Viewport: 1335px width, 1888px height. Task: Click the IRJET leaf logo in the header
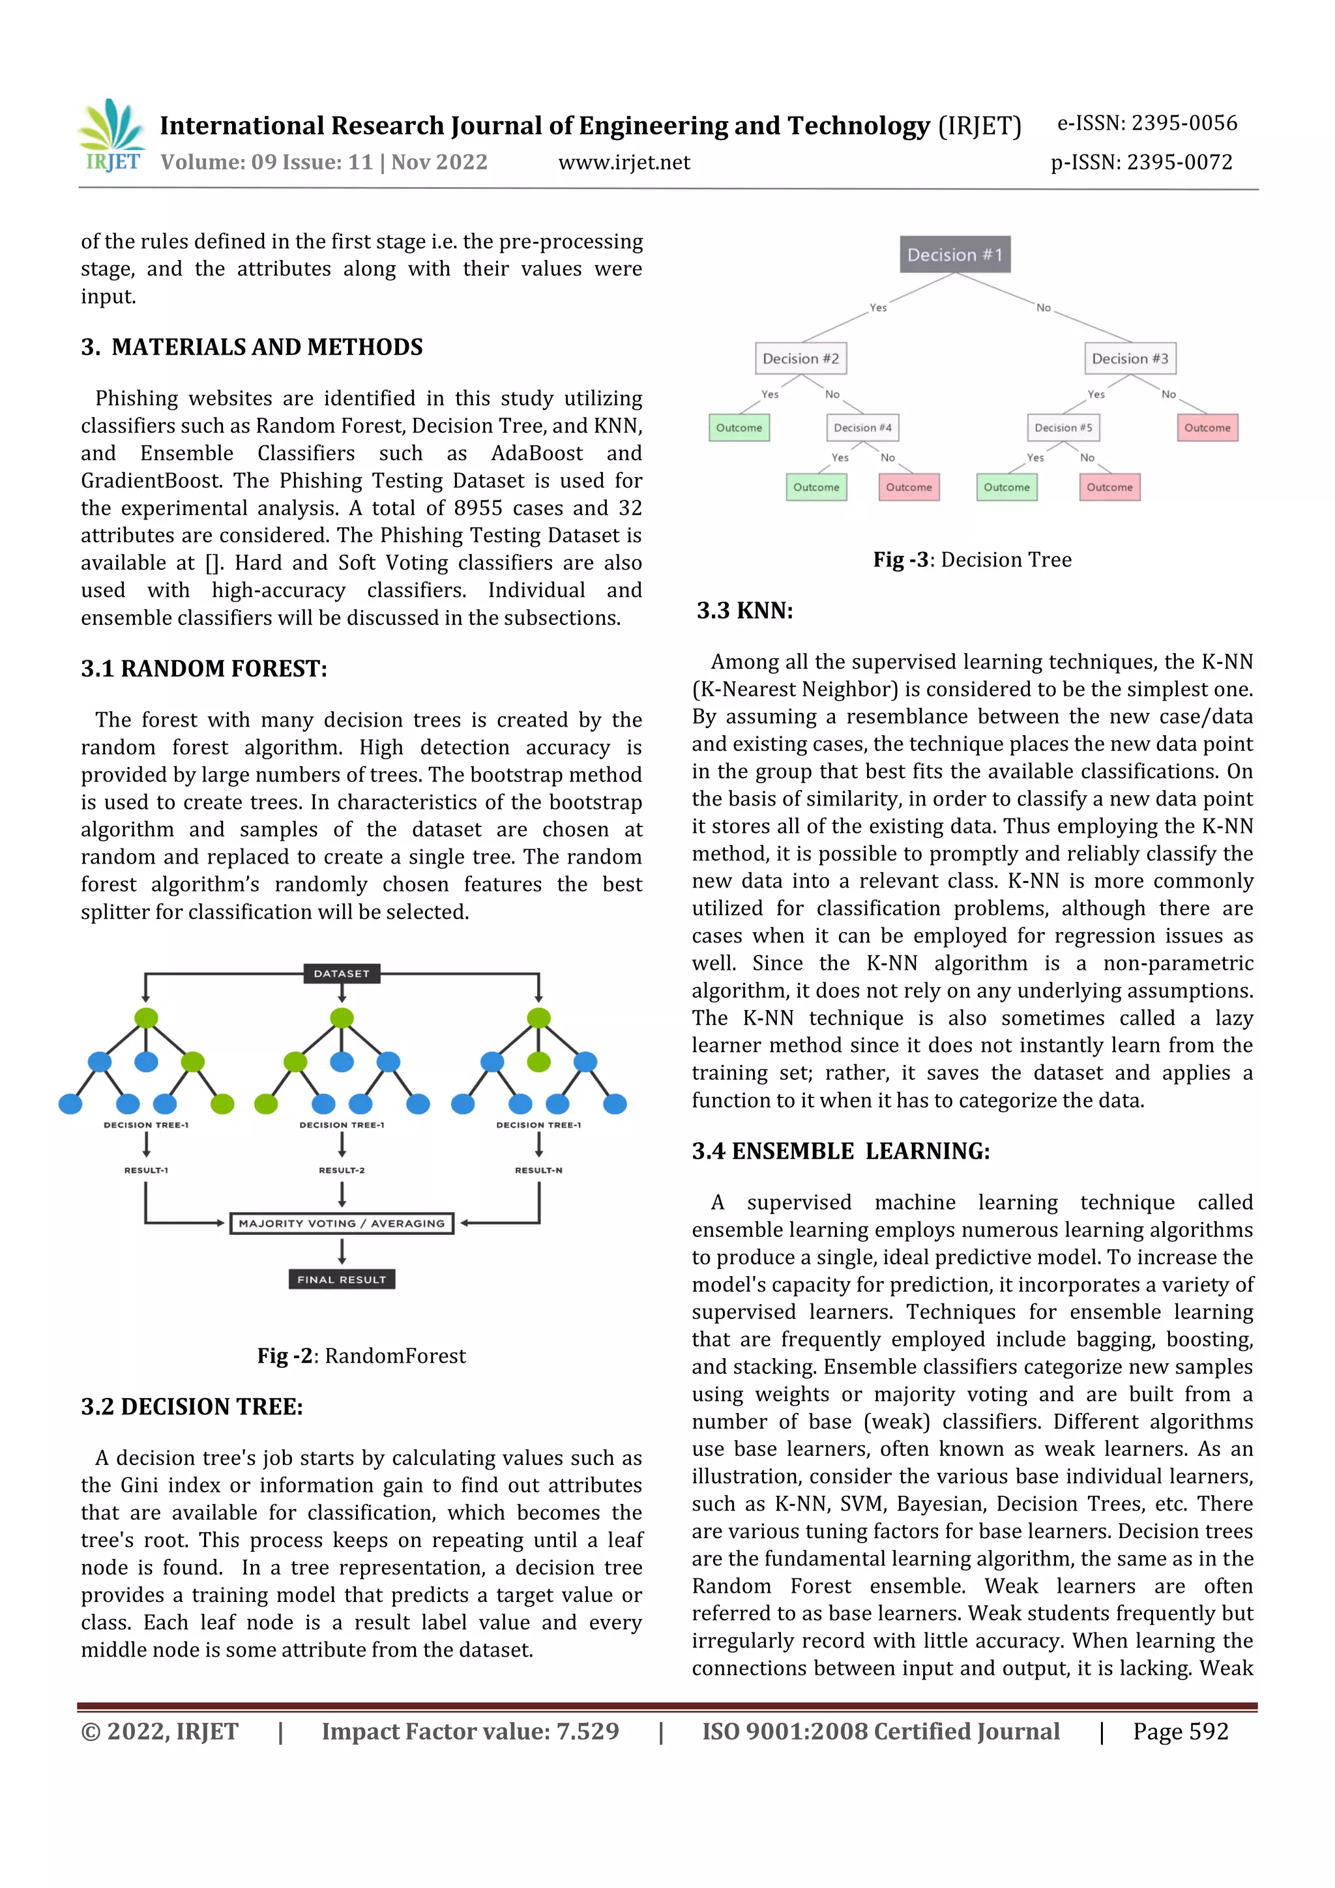[x=113, y=134]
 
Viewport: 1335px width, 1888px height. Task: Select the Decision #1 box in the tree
[x=954, y=255]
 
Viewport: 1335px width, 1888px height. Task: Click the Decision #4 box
[x=862, y=428]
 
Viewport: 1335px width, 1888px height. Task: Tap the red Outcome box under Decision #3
[x=1207, y=428]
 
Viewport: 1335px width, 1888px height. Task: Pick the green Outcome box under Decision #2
[x=739, y=428]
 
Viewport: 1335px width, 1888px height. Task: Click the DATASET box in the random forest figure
[x=342, y=974]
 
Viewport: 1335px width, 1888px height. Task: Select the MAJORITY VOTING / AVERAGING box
[x=342, y=1223]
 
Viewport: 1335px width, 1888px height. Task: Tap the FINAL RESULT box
[x=342, y=1279]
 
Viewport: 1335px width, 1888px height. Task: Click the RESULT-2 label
[x=342, y=1170]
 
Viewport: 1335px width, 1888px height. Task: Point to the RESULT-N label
[x=538, y=1170]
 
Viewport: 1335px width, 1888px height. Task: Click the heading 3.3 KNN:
[x=744, y=611]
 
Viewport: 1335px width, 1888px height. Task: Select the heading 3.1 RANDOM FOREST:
[x=204, y=669]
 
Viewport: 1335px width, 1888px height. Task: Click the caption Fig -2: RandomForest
[x=361, y=1356]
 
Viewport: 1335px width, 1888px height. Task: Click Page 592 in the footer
[x=1180, y=1732]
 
